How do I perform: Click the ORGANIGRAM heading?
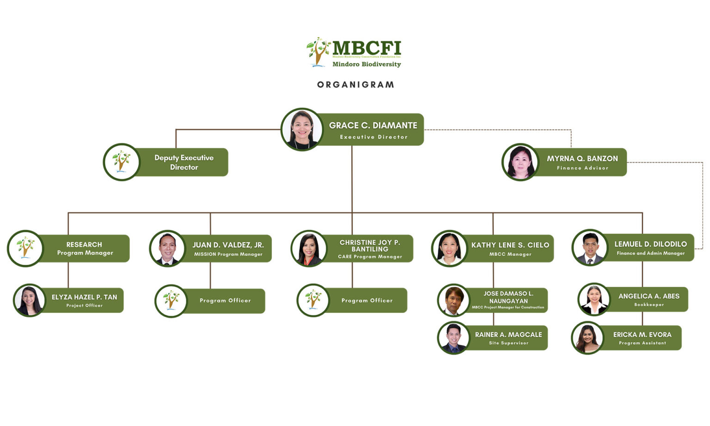[355, 85]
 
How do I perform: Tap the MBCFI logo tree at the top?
[318, 52]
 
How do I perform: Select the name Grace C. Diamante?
[373, 125]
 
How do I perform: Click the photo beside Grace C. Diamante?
[302, 129]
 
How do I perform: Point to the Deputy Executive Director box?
[184, 162]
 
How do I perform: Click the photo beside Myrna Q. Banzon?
[520, 162]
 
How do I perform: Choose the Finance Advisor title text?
[582, 168]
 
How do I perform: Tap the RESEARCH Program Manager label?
[85, 249]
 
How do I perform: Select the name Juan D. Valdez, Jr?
[228, 245]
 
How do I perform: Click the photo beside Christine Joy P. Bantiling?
[309, 249]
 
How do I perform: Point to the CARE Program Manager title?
[370, 257]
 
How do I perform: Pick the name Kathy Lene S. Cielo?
[510, 245]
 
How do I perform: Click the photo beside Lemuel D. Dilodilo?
[590, 248]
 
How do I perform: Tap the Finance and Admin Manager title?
[650, 253]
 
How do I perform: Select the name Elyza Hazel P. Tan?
[84, 297]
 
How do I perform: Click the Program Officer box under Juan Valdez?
[225, 301]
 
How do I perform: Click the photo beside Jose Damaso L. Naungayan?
[454, 300]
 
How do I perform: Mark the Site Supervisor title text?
[508, 343]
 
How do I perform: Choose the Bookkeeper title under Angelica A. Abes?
[649, 305]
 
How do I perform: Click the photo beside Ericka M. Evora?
[588, 338]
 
